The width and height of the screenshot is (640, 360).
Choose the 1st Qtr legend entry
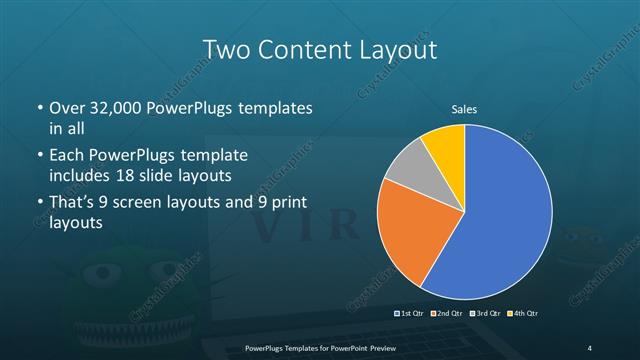(410, 314)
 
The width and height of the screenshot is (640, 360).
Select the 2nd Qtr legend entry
(446, 314)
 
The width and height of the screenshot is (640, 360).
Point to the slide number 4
(590, 348)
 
